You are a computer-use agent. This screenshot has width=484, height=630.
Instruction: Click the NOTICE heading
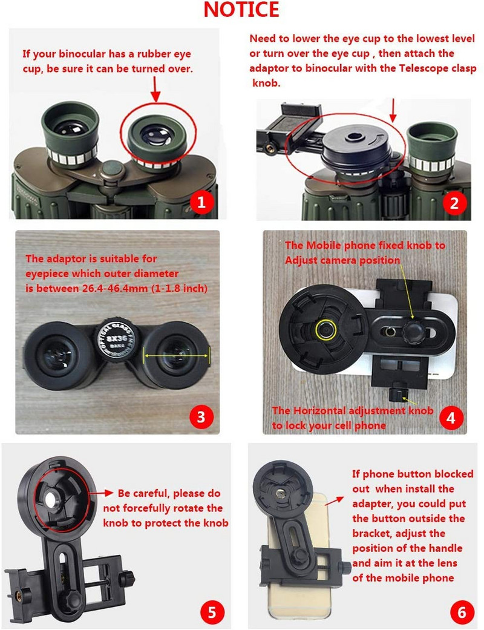[241, 10]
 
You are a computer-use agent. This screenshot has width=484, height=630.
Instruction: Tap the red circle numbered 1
[201, 202]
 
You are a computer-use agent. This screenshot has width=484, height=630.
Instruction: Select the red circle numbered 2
[454, 203]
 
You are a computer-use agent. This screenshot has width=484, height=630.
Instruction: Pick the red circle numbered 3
[201, 417]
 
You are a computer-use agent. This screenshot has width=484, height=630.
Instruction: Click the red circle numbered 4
[451, 418]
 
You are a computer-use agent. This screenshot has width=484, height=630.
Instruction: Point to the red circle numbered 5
[212, 612]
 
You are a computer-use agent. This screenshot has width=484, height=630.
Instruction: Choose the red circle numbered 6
[462, 612]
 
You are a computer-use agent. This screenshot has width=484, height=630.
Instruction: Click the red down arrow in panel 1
[155, 89]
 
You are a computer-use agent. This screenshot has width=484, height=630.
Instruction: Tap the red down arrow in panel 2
[393, 110]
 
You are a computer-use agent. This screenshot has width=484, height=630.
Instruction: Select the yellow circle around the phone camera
[325, 329]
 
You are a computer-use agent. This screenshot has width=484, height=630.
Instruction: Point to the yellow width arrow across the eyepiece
[177, 356]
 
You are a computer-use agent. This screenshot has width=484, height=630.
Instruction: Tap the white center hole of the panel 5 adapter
[51, 499]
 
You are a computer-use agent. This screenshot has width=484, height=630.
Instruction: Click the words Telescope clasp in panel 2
[438, 68]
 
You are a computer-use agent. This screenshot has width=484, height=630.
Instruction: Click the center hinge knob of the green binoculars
[112, 170]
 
